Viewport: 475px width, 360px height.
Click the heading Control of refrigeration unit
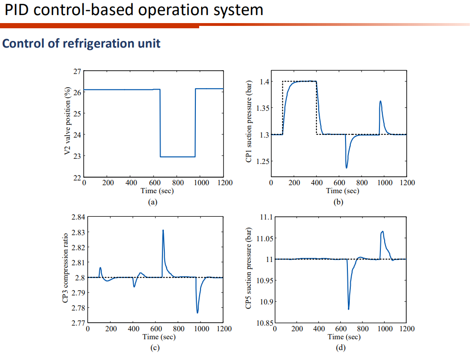(x=81, y=43)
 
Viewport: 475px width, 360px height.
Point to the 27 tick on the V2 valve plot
(x=76, y=71)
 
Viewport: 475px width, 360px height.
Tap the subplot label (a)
(x=152, y=201)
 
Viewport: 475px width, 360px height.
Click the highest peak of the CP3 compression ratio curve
(x=163, y=230)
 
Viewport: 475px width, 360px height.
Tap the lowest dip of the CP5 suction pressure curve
(x=349, y=309)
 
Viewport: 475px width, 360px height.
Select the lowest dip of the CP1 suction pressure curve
(x=346, y=167)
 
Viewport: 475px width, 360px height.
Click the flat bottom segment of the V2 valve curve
(x=177, y=156)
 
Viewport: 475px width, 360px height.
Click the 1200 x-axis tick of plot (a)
(x=224, y=183)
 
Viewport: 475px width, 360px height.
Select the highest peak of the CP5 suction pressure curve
(x=382, y=231)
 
